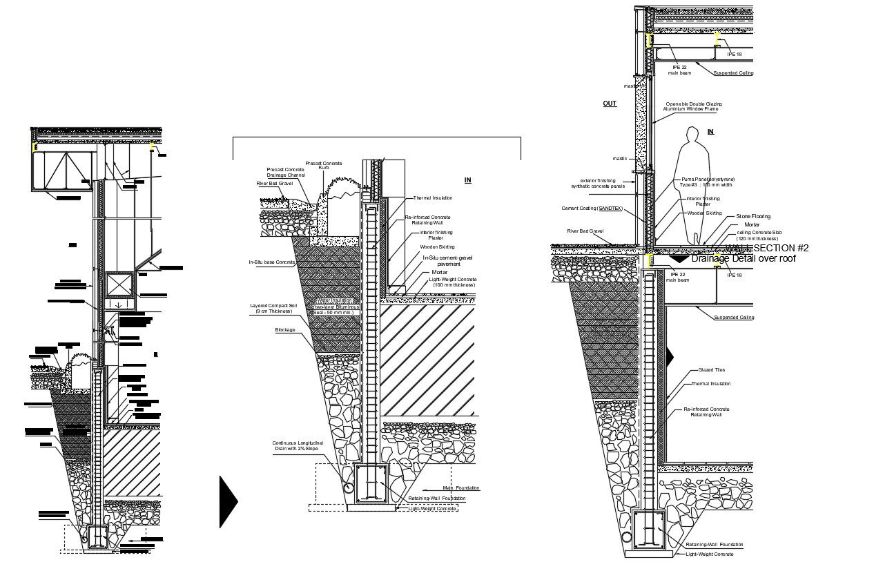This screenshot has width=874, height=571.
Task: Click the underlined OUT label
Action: (610, 104)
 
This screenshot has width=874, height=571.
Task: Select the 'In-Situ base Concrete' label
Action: (272, 262)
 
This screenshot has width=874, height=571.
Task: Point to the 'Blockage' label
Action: (284, 330)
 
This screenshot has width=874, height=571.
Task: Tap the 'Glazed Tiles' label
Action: (711, 370)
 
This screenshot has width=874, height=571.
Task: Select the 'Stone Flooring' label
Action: (752, 217)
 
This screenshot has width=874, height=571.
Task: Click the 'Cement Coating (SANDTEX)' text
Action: (590, 208)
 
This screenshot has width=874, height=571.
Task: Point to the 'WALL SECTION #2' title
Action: (766, 249)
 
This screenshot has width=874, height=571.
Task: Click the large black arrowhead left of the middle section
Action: (229, 502)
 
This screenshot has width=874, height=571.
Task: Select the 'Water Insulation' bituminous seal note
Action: (336, 307)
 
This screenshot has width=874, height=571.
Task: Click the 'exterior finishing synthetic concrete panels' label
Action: (597, 183)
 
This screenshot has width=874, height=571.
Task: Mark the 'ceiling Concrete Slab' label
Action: (758, 235)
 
